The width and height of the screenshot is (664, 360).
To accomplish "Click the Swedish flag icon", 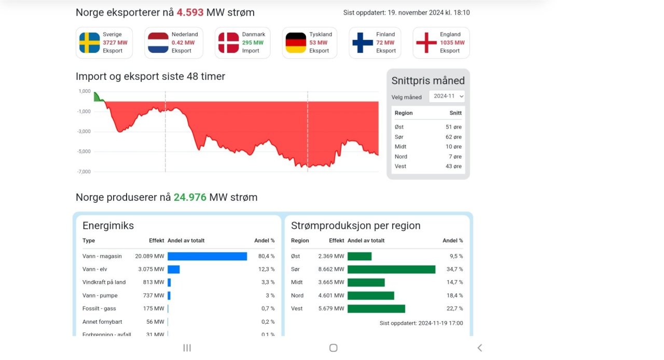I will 89,43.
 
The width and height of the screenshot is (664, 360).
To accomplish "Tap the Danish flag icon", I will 228,43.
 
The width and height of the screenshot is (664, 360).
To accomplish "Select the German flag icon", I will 296,43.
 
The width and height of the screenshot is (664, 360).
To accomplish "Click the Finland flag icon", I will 363,43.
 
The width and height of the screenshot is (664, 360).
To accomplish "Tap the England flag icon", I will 426,43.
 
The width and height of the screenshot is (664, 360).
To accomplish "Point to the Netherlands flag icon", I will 158,43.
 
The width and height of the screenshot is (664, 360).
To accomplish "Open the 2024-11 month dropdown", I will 447,96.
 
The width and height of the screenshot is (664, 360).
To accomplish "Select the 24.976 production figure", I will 190,198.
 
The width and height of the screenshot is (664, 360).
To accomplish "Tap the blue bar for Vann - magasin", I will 207,256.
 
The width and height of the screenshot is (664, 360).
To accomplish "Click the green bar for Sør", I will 391,270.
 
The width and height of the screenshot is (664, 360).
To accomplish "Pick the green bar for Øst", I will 359,256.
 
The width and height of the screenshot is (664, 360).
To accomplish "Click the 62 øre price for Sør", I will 453,137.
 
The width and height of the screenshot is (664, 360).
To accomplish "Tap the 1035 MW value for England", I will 452,43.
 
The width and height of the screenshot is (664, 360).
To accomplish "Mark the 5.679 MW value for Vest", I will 331,309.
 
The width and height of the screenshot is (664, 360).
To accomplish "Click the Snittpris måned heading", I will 428,81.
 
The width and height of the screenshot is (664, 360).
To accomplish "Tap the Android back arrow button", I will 479,348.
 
